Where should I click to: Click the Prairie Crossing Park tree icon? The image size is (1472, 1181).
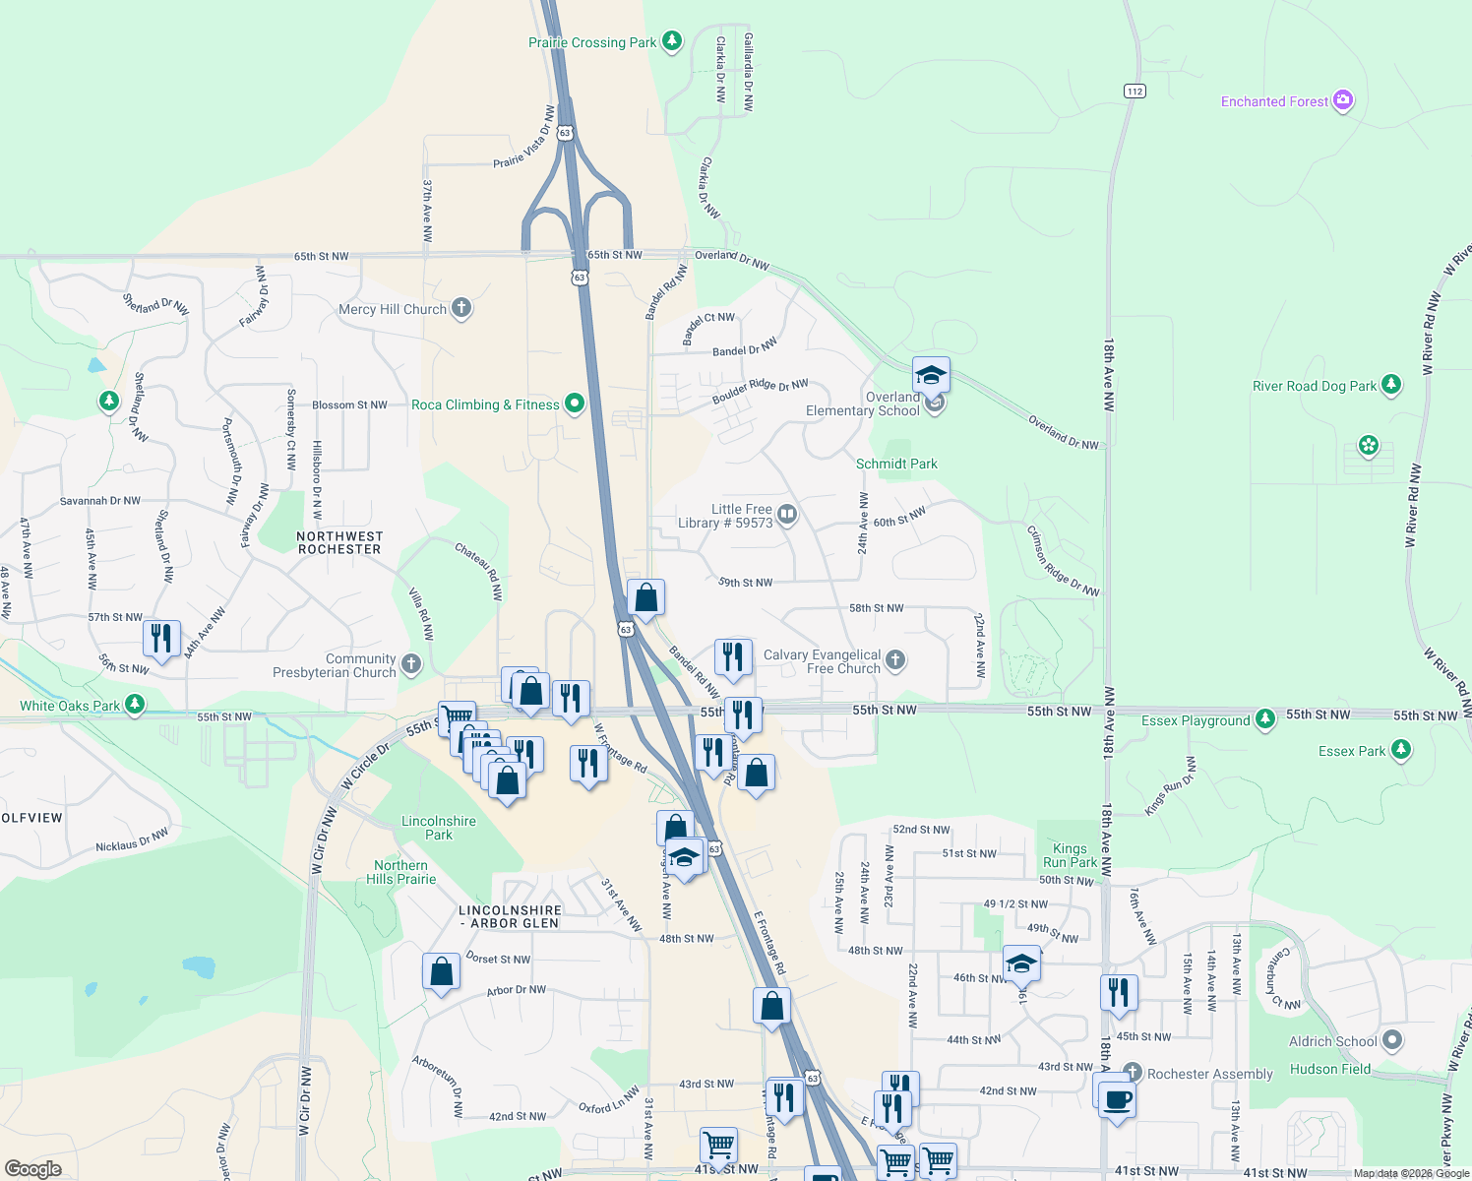coord(672,41)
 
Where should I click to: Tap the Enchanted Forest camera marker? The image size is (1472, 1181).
coord(1343,100)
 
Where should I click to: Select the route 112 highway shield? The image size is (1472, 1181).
coord(1135,91)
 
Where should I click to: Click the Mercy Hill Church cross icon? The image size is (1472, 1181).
coord(461,309)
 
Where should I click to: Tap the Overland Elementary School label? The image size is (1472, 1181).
coord(863,404)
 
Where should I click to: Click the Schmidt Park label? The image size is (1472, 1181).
coord(896,464)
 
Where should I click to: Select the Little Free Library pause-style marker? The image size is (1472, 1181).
coord(786,514)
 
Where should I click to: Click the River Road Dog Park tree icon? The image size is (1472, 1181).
coord(1390,385)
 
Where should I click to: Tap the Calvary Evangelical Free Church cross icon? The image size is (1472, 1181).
coord(894,659)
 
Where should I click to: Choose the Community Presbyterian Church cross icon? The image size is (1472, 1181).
coord(411,664)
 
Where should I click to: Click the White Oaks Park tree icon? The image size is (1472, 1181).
coord(135,705)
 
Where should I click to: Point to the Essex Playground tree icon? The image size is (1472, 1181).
coord(1265,719)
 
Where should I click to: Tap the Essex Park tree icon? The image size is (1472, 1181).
coord(1400,750)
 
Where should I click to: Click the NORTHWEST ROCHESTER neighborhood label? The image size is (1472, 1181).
coord(339,543)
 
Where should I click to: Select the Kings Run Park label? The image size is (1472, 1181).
coord(1070,855)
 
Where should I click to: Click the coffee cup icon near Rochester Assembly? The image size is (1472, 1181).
coord(1117,1098)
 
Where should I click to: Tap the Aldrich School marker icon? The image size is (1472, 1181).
coord(1391,1040)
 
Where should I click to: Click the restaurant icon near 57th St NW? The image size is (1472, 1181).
coord(161,639)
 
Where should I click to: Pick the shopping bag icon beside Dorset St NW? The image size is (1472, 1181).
coord(442,972)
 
